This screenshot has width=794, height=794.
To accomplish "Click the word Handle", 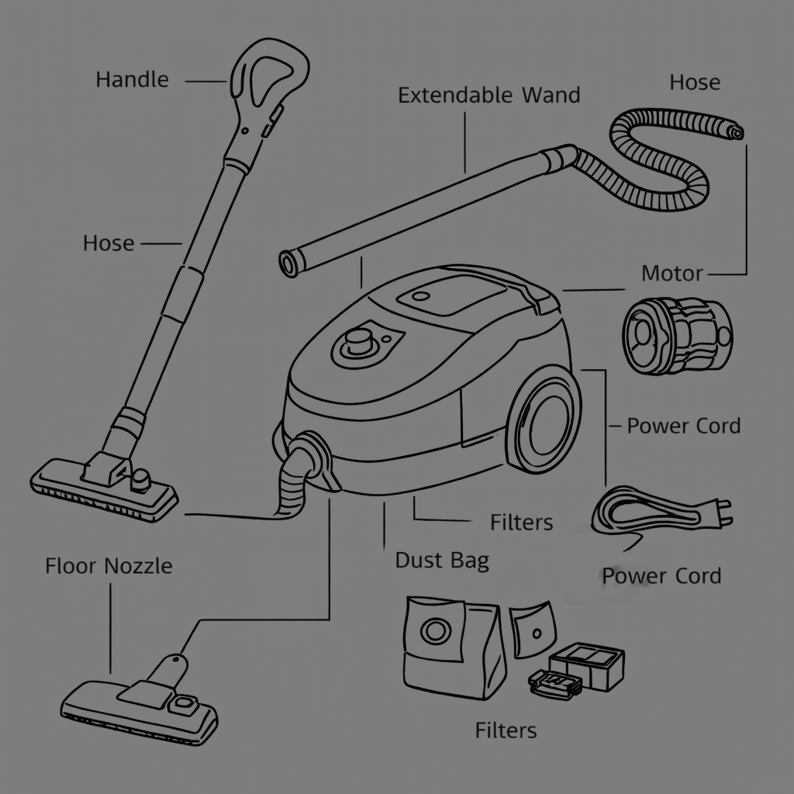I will click(132, 79).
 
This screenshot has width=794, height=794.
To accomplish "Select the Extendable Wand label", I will click(488, 95).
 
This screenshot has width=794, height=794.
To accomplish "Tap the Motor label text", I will click(671, 273).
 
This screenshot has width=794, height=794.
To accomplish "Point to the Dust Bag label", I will click(442, 560).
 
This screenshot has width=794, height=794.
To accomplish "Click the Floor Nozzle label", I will click(109, 566).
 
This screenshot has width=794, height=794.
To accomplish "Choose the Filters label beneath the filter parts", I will click(506, 730).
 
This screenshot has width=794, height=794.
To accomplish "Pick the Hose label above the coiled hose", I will click(695, 82).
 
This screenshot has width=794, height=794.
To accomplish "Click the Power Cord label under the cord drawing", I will click(661, 576).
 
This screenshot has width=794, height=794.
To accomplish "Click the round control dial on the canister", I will click(358, 340).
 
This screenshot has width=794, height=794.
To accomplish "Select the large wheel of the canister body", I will click(547, 423).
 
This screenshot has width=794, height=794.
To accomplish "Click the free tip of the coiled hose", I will click(734, 131).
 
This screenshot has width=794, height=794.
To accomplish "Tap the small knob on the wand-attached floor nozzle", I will click(140, 479).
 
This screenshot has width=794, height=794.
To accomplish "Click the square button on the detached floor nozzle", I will click(185, 704).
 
